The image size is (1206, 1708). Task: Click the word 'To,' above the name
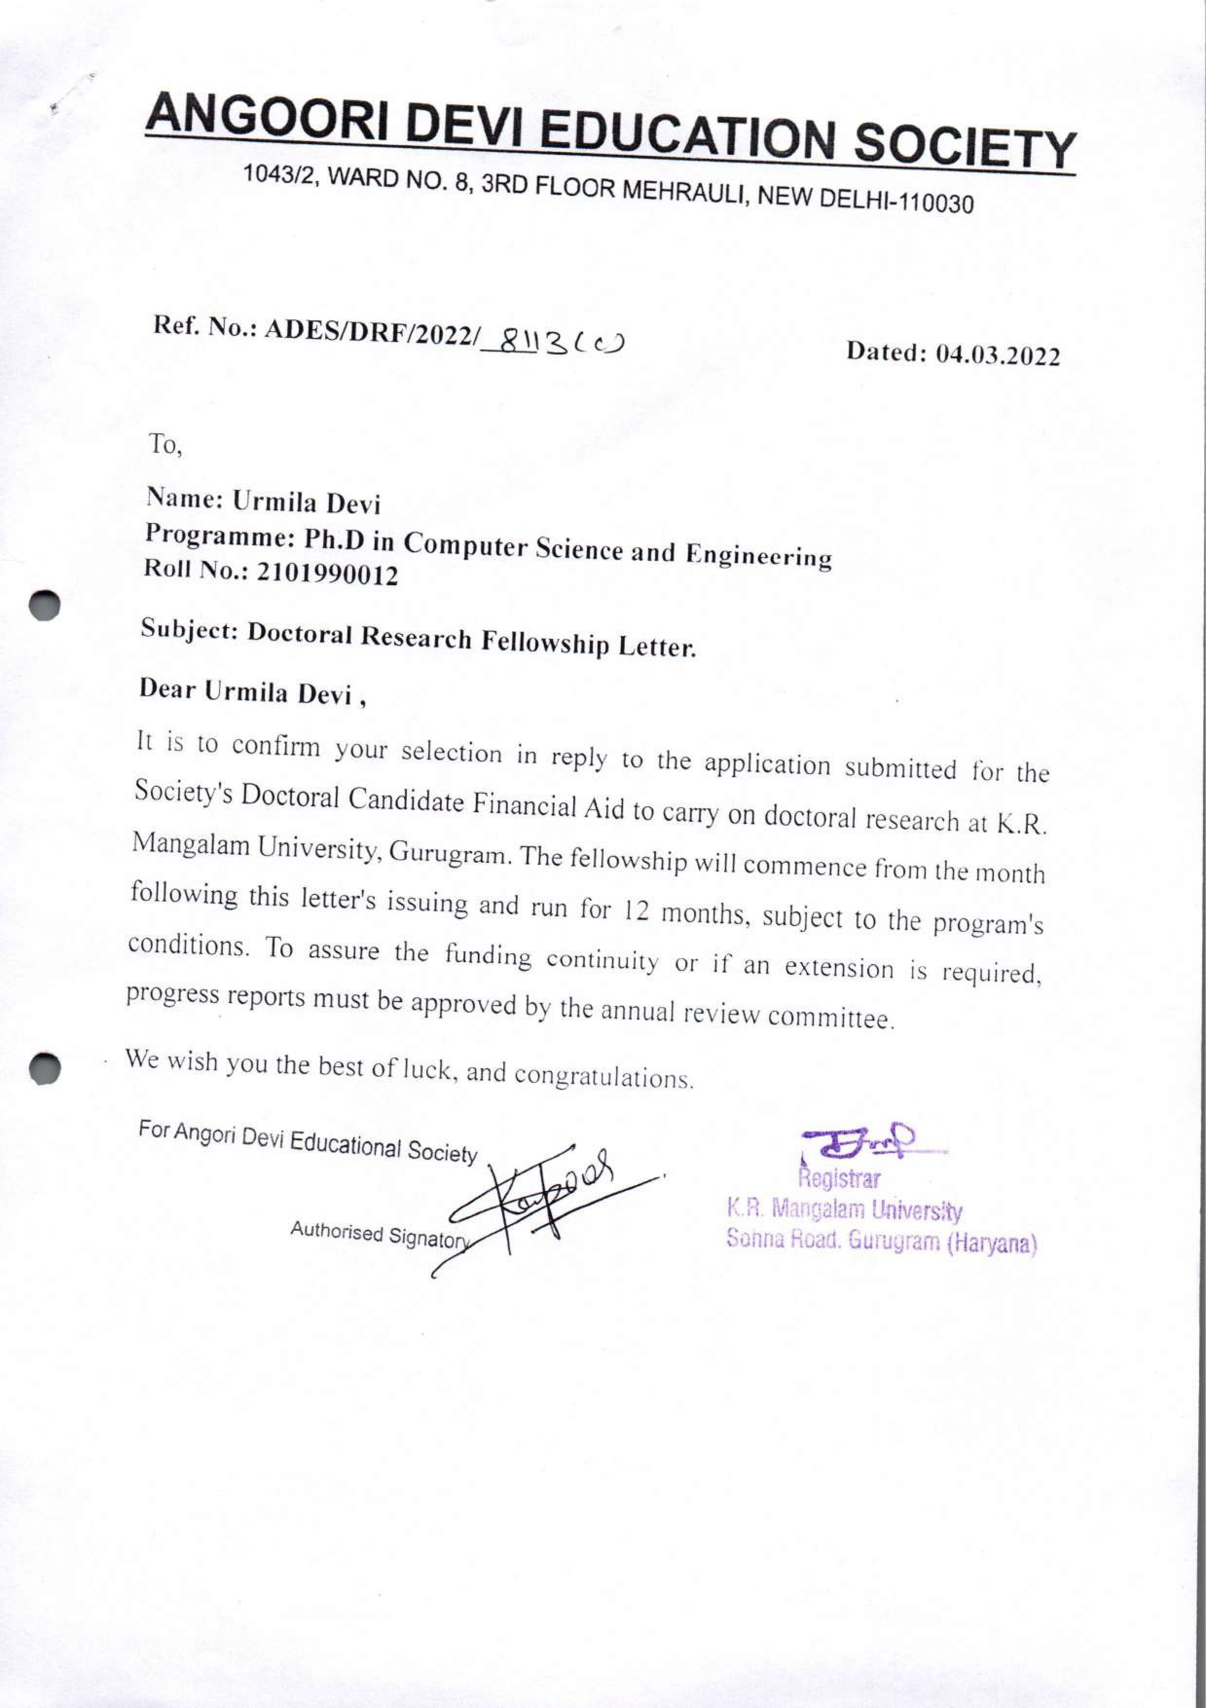pos(165,445)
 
